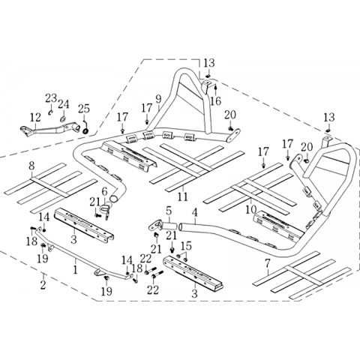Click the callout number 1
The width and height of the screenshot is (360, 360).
tap(76, 270)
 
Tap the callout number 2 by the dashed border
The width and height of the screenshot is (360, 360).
tap(43, 284)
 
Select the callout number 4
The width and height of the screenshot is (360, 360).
tap(195, 212)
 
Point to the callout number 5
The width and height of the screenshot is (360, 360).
tap(169, 211)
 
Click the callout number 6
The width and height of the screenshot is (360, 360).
tap(104, 191)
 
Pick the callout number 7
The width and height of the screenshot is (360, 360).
tap(268, 263)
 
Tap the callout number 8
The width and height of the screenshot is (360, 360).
tap(31, 166)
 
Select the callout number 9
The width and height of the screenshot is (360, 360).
tap(157, 100)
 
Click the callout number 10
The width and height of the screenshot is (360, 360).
tap(251, 209)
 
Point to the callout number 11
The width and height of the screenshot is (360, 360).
tap(183, 196)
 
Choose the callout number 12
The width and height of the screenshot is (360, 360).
tap(35, 118)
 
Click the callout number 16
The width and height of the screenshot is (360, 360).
tap(215, 100)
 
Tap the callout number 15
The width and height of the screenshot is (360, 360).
tap(187, 246)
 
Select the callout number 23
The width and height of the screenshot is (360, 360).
tap(51, 98)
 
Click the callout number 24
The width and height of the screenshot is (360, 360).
tap(64, 104)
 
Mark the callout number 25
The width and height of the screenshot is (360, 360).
tap(84, 109)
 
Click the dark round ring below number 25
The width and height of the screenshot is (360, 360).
tap(85, 130)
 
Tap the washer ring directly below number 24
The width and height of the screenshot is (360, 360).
tap(63, 118)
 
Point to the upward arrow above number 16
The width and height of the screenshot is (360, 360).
tap(215, 89)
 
